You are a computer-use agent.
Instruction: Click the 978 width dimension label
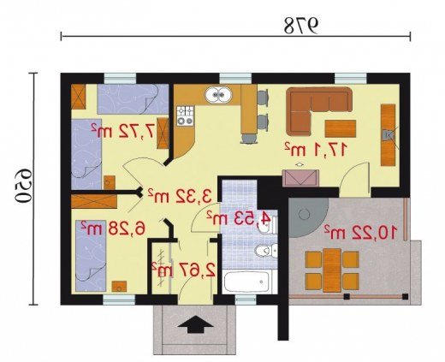[301, 26]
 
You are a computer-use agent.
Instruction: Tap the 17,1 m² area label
[316, 150]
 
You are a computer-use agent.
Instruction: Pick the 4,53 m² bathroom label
[239, 218]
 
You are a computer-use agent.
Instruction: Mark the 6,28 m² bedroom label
[113, 228]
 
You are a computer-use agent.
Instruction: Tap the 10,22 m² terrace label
[360, 232]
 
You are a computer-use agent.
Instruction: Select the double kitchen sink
[218, 95]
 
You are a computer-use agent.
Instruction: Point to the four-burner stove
[186, 116]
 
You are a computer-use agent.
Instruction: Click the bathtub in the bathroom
[246, 282]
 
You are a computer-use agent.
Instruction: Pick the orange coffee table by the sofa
[341, 128]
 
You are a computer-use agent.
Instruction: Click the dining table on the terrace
[332, 270]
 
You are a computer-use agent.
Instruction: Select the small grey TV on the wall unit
[388, 135]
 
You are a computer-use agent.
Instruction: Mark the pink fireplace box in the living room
[300, 178]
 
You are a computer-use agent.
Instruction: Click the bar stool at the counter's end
[250, 138]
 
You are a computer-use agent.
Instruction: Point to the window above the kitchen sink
[235, 79]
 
